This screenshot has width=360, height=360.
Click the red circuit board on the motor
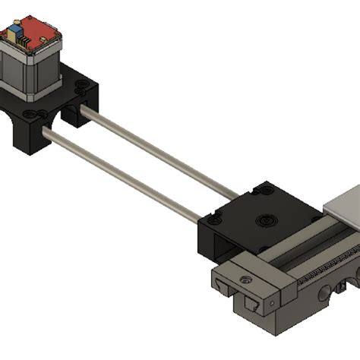coord(29,30)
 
